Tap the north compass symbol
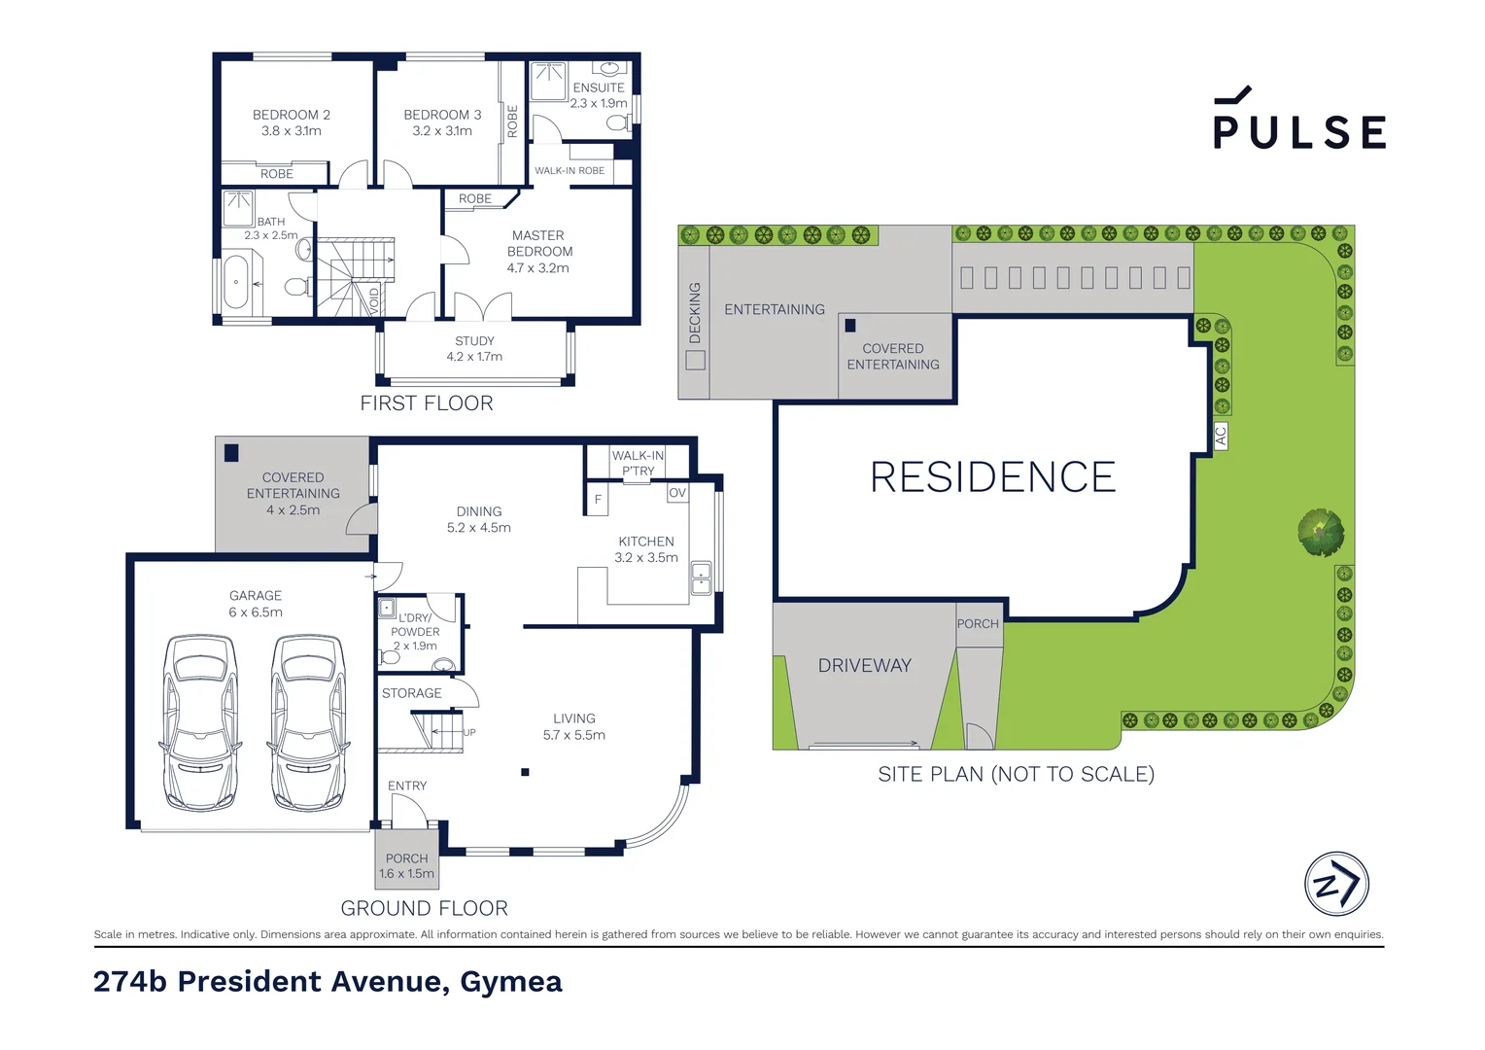(x=1336, y=884)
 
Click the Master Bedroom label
(x=538, y=251)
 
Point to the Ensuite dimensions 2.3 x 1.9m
(x=599, y=103)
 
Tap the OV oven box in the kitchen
(x=677, y=493)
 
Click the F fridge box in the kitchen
(x=598, y=500)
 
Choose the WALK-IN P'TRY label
(x=638, y=463)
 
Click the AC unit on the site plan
(x=1221, y=436)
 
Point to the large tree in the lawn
(x=1321, y=533)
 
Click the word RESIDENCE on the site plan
(x=992, y=477)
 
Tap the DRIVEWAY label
(x=864, y=666)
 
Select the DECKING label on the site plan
(x=694, y=312)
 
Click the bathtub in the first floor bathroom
(x=236, y=281)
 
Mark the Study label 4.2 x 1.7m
(x=474, y=349)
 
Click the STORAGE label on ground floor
(x=411, y=693)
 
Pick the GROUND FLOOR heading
(x=424, y=908)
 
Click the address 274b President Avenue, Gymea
(x=328, y=982)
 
